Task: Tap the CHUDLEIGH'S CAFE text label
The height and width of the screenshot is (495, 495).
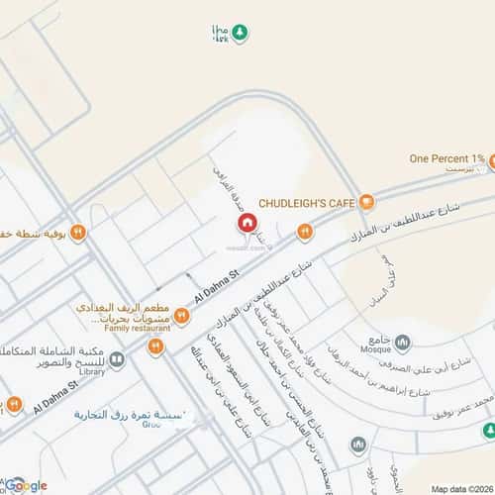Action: pos(307,203)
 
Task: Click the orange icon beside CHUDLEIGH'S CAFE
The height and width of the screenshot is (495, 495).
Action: pos(366,203)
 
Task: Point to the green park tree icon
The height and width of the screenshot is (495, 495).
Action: pos(241,34)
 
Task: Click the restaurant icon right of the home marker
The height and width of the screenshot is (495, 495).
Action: pos(305,232)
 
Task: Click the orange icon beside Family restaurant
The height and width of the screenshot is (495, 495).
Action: pos(181,316)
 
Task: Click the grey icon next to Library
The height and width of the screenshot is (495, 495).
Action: pos(117,360)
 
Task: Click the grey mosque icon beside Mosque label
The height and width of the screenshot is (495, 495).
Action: pos(402,344)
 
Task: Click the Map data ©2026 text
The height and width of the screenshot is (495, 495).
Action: pos(460,488)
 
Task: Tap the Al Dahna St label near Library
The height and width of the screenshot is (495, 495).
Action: pos(55,393)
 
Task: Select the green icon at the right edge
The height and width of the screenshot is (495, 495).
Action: pos(489,430)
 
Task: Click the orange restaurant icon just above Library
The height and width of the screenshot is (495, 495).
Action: pos(155,346)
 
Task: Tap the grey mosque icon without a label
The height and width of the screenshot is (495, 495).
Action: pos(358,445)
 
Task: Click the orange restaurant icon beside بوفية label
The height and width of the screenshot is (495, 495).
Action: pos(77,233)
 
